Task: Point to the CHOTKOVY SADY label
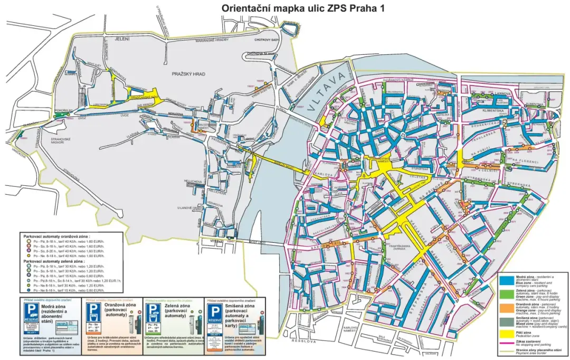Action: (x=267, y=39)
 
